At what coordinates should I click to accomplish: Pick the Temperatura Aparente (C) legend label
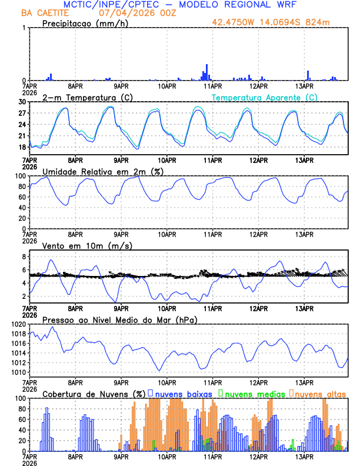(x=264, y=97)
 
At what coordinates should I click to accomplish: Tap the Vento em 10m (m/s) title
(x=87, y=245)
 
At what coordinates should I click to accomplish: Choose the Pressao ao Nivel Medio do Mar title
(x=119, y=319)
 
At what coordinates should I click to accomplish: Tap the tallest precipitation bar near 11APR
(x=207, y=72)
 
